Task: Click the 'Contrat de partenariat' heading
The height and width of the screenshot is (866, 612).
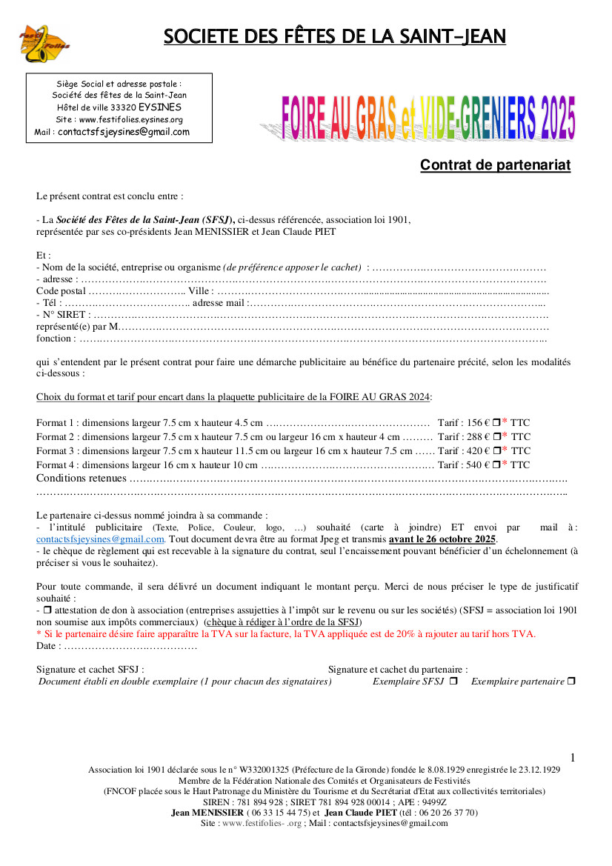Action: pyautogui.click(x=495, y=165)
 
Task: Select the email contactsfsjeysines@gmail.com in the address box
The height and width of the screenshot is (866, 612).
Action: pyautogui.click(x=124, y=132)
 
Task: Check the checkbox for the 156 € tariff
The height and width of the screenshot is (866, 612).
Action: pyautogui.click(x=496, y=423)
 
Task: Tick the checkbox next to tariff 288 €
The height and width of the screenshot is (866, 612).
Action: pyautogui.click(x=496, y=437)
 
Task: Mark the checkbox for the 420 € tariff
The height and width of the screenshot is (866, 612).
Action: pyautogui.click(x=496, y=450)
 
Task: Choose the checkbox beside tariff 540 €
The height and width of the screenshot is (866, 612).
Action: pyautogui.click(x=496, y=464)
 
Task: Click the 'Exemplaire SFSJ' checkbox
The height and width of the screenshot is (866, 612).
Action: pyautogui.click(x=453, y=681)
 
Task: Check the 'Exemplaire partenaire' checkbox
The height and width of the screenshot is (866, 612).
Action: pyautogui.click(x=571, y=681)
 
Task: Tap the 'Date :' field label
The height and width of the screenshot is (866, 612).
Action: pyautogui.click(x=48, y=646)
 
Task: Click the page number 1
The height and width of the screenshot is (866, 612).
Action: pyautogui.click(x=573, y=757)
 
